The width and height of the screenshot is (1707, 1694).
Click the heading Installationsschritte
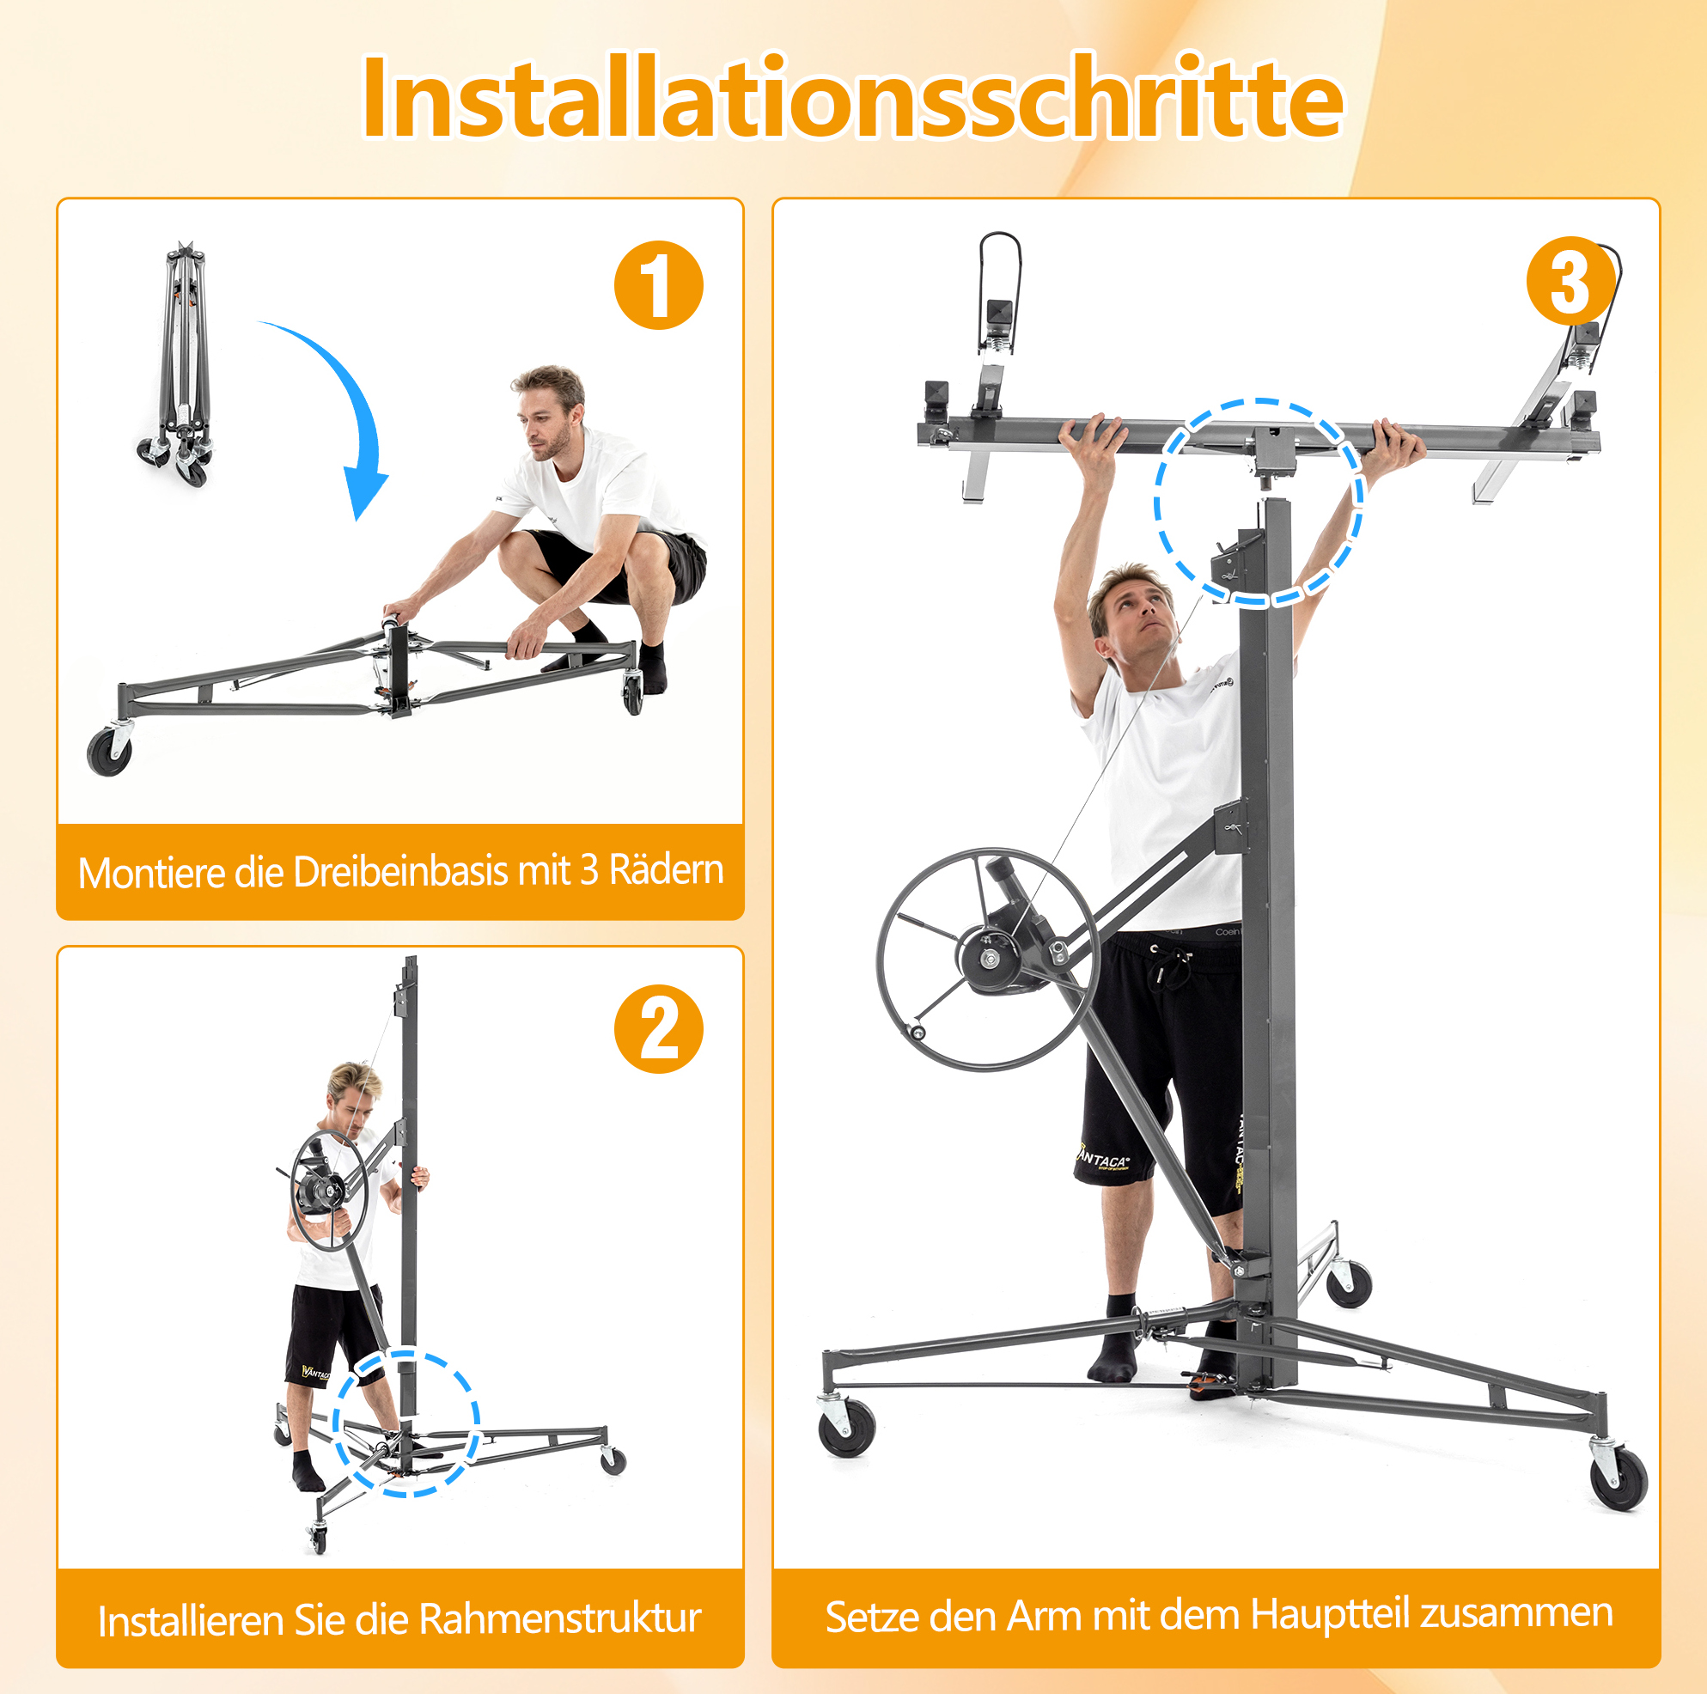pos(852,96)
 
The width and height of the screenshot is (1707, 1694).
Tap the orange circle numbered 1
pos(658,284)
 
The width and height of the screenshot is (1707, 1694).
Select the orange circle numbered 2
pos(658,1029)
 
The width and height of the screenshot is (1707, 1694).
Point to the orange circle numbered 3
pos(1571,281)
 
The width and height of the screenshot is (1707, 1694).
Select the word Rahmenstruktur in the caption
pos(560,1620)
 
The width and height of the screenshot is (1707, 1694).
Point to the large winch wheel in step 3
pos(988,959)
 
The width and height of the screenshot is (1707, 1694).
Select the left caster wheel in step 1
pos(110,752)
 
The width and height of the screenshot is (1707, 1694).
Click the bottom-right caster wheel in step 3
pos(1619,1479)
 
